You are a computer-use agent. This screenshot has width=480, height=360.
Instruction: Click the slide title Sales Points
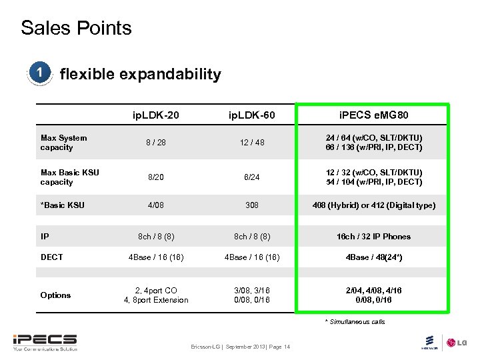pos(76,28)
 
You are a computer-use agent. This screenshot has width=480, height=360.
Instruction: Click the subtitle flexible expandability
pos(140,74)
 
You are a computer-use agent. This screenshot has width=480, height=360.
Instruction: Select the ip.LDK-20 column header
pos(155,117)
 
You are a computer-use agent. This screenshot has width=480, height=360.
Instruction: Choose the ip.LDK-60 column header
pos(252,117)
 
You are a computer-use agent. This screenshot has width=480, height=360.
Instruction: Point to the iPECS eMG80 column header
pos(373,117)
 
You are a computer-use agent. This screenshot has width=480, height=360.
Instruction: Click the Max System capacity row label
pos(63,143)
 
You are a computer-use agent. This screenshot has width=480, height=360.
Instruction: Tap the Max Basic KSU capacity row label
pos(69,177)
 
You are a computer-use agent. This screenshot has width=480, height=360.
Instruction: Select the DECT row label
pos(51,257)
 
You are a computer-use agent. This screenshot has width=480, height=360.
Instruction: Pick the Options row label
pos(55,295)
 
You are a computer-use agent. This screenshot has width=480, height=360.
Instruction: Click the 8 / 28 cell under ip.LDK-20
pos(155,143)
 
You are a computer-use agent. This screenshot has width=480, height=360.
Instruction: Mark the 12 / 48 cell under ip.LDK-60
pos(252,143)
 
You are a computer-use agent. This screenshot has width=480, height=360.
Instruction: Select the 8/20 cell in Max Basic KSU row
pos(155,177)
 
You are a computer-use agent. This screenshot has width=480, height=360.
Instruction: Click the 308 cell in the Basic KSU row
pos(252,205)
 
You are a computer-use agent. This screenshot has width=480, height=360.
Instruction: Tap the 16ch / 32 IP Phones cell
pos(373,237)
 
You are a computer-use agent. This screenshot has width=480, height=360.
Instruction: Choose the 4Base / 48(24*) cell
pos(373,257)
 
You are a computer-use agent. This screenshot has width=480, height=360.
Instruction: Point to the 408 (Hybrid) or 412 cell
pos(373,205)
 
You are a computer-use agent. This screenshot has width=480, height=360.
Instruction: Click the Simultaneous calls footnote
pos(355,322)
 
